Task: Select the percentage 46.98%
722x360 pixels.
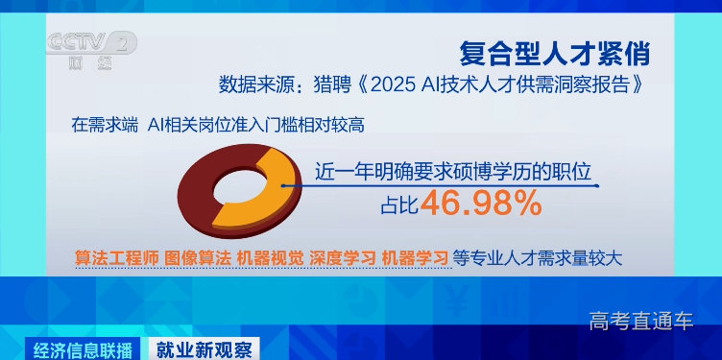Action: (479, 204)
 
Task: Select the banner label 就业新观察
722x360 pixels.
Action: (204, 348)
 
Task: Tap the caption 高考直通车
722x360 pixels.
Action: (640, 321)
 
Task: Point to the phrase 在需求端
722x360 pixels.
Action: (104, 124)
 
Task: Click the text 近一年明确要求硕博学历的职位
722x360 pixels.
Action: (452, 173)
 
